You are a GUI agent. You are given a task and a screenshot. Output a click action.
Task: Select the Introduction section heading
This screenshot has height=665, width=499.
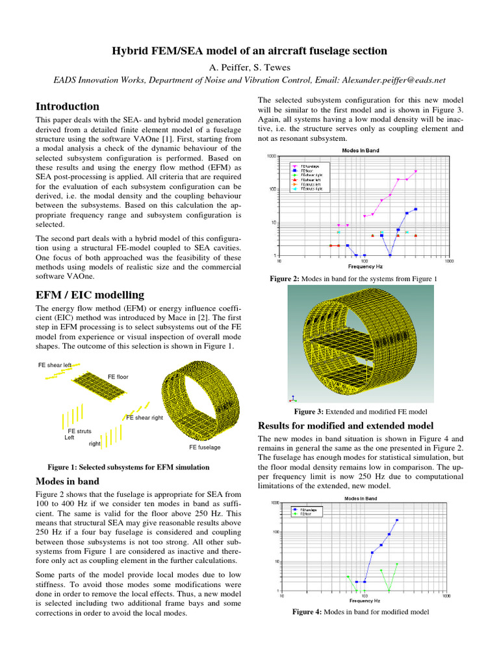(68, 107)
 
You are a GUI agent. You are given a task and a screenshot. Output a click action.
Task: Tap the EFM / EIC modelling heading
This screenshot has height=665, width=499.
(90, 295)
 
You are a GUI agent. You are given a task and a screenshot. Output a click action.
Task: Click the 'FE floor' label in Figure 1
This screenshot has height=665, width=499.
(118, 377)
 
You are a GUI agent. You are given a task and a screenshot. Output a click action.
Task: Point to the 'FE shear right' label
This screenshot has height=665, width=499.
(144, 418)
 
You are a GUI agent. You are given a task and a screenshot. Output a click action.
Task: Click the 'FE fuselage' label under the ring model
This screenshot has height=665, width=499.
(205, 447)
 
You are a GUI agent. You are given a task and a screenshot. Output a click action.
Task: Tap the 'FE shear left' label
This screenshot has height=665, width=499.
(54, 365)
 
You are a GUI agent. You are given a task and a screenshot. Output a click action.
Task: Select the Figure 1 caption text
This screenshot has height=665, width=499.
(129, 467)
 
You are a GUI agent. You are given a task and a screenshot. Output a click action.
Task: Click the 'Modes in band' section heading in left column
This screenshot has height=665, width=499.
(68, 481)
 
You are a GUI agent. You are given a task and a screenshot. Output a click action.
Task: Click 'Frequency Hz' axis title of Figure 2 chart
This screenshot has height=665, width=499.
(365, 267)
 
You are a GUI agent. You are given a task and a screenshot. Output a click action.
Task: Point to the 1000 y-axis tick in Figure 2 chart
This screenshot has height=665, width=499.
(272, 156)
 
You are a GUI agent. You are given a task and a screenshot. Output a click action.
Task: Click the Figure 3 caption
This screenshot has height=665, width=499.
(361, 412)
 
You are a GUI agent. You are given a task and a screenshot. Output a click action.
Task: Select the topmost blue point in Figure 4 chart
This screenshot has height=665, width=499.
(397, 520)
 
